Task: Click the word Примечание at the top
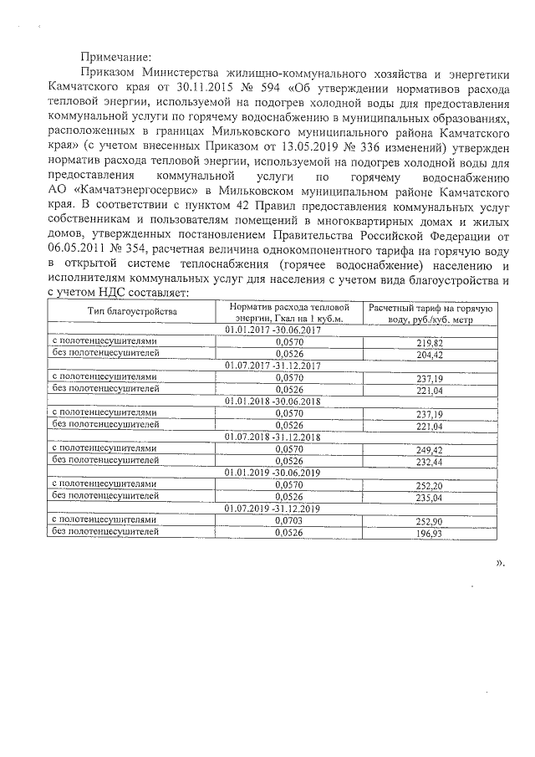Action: coord(115,58)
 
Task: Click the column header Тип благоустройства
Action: coord(133,312)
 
